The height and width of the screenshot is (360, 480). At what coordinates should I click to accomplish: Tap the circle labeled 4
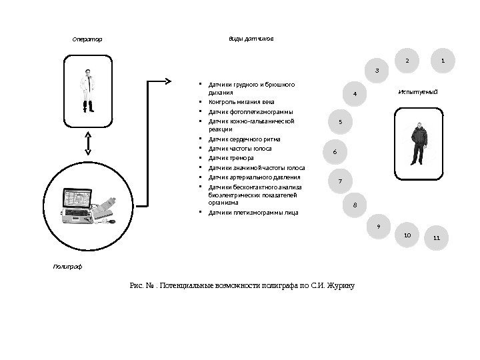[355, 94]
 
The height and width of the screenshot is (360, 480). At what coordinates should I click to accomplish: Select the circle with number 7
[341, 181]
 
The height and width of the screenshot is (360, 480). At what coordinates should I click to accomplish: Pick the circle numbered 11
[437, 237]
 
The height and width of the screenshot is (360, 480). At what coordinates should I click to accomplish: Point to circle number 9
[379, 227]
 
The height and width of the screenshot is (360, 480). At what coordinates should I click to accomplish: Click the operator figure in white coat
[87, 90]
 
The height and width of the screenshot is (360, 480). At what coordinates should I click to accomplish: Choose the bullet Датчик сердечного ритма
[244, 139]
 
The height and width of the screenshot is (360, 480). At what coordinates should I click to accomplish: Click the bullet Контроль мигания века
[241, 103]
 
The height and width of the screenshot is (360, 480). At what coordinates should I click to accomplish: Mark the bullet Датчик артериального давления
[254, 177]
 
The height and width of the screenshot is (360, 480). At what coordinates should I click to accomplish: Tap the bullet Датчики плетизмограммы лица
[253, 213]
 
